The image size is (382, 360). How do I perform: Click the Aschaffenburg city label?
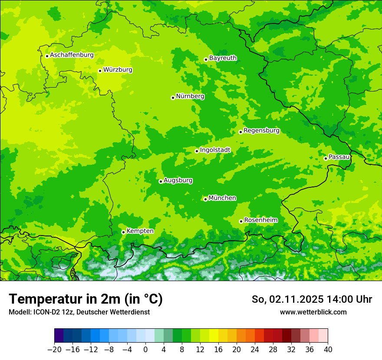(x=72, y=55)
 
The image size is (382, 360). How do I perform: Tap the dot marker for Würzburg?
(x=100, y=71)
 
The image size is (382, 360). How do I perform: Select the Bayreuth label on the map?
(x=223, y=58)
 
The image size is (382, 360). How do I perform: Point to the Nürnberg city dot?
(x=173, y=98)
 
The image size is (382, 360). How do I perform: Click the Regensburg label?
(x=261, y=131)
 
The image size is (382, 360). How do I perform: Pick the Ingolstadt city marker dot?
(x=197, y=151)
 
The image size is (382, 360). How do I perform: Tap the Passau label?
(x=339, y=157)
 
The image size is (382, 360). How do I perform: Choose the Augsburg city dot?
(x=161, y=181)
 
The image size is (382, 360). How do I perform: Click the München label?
(x=222, y=198)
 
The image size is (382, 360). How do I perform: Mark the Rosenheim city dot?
(x=241, y=221)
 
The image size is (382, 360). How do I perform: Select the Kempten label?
(x=140, y=231)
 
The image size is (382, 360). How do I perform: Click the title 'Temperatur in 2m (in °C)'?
(x=86, y=299)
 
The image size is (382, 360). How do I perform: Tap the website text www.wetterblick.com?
(x=313, y=312)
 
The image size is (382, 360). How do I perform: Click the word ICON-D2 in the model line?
(x=44, y=312)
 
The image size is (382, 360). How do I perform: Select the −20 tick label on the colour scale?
(x=54, y=350)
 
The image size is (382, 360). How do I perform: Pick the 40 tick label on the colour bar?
(x=328, y=350)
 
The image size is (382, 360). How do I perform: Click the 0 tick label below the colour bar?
(x=145, y=350)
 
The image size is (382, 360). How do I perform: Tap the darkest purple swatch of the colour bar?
(x=59, y=336)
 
